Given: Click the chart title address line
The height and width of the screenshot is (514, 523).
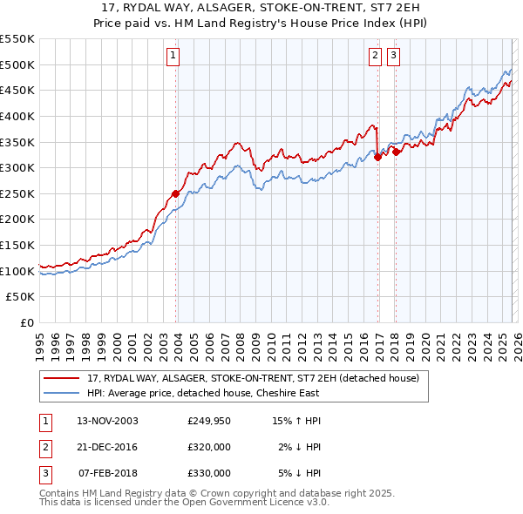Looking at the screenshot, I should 261,8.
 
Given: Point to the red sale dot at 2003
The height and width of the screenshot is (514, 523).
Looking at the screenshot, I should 175,193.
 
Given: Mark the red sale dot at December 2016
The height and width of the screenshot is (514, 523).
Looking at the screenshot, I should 377,157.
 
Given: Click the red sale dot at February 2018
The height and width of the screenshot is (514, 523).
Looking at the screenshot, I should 396,152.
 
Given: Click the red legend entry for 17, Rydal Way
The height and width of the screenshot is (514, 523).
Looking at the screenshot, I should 253,378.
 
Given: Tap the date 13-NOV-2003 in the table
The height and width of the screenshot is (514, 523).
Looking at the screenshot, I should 107,421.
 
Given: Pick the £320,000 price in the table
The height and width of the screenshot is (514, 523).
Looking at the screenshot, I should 208,447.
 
